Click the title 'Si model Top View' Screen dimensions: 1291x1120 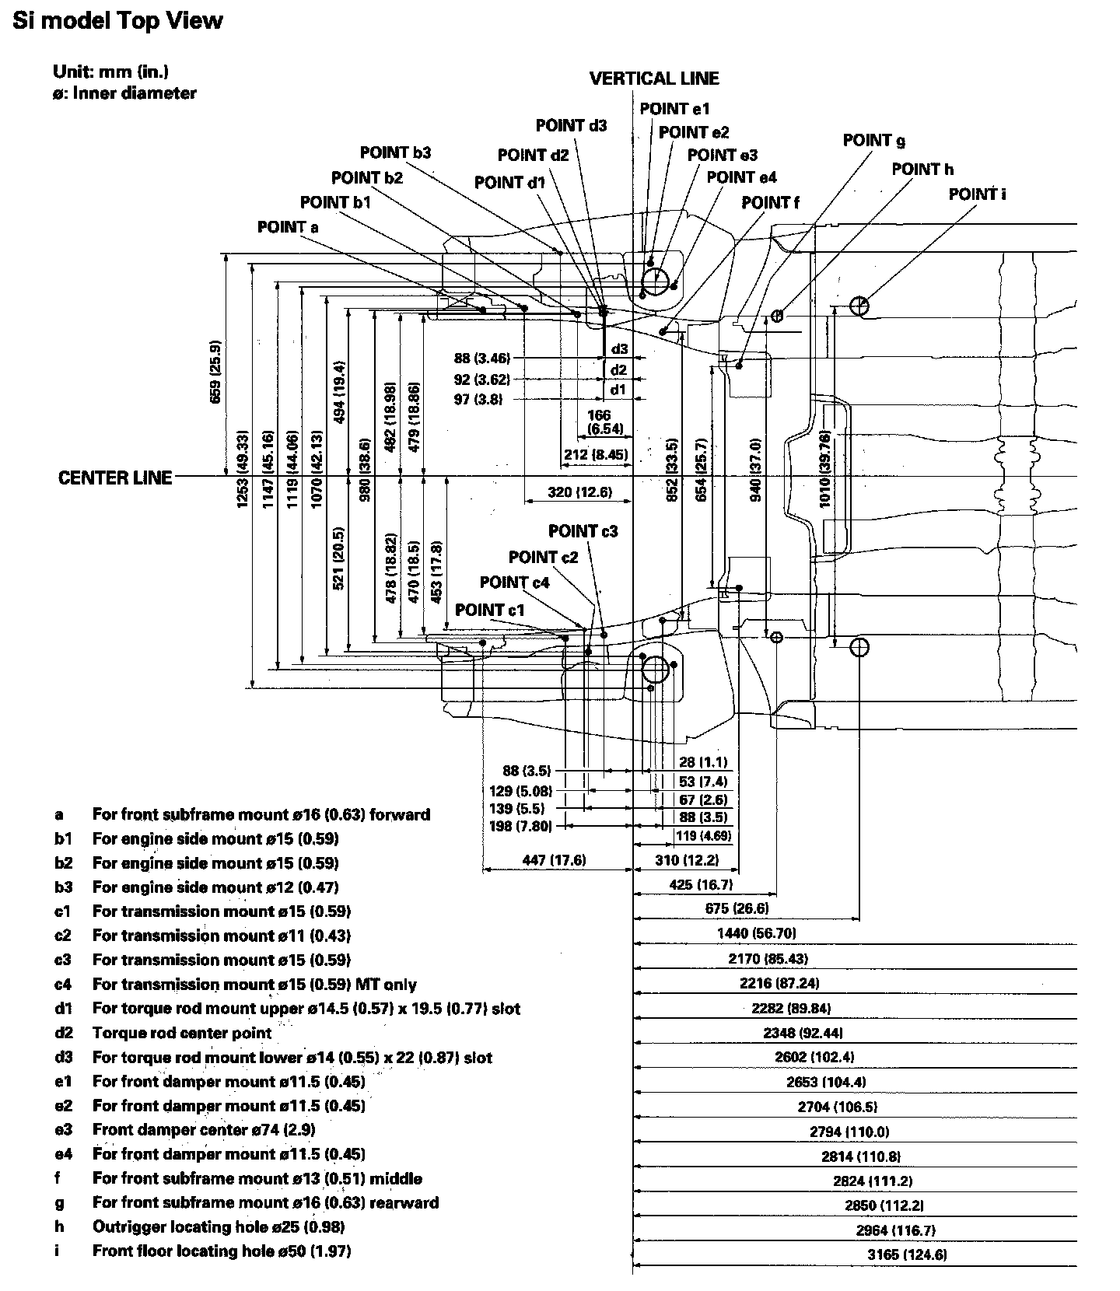pyautogui.click(x=117, y=21)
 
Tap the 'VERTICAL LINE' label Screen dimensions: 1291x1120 pyautogui.click(x=654, y=79)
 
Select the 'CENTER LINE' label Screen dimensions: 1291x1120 pyautogui.click(x=115, y=478)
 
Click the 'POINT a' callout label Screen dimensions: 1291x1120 pyautogui.click(x=288, y=227)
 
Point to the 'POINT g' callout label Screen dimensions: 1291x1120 pyautogui.click(x=873, y=141)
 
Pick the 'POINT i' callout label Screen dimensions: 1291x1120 pyautogui.click(x=977, y=194)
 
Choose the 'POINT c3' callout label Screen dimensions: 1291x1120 pyautogui.click(x=583, y=531)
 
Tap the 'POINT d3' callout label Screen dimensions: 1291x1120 pyautogui.click(x=571, y=125)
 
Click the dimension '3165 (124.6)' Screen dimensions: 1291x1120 pyautogui.click(x=907, y=1254)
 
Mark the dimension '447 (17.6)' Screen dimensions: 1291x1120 pyautogui.click(x=555, y=860)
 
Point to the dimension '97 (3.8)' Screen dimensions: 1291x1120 pyautogui.click(x=478, y=400)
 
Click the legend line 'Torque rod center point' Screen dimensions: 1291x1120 pyautogui.click(x=182, y=1033)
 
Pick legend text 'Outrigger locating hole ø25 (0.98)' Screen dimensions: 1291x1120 pyautogui.click(x=218, y=1226)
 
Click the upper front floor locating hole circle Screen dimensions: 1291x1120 pyautogui.click(x=859, y=306)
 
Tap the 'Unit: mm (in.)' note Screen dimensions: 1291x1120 pyautogui.click(x=110, y=72)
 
